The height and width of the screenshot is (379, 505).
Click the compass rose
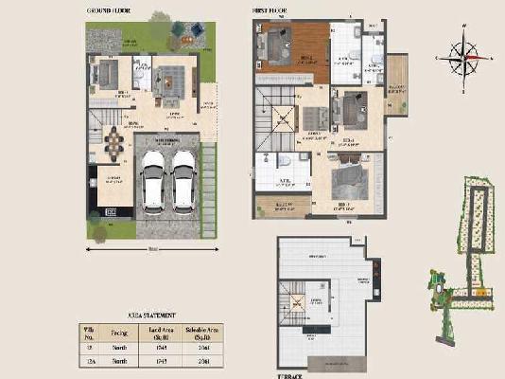point(462,58)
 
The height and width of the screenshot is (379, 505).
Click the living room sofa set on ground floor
point(169,85)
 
